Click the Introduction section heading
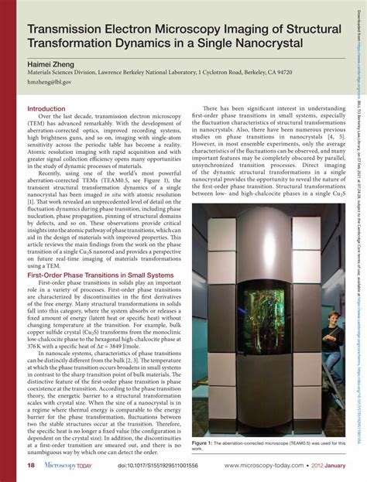point(46,109)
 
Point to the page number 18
point(32,465)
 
